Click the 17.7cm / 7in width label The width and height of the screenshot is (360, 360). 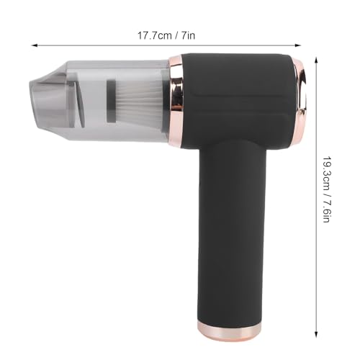166,36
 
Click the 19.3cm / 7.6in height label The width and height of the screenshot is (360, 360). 326,189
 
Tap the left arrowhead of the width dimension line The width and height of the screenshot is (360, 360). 35,45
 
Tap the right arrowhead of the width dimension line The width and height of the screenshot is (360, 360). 297,45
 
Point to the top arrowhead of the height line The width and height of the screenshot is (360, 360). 316,60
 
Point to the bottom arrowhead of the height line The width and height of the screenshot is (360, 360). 316,334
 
